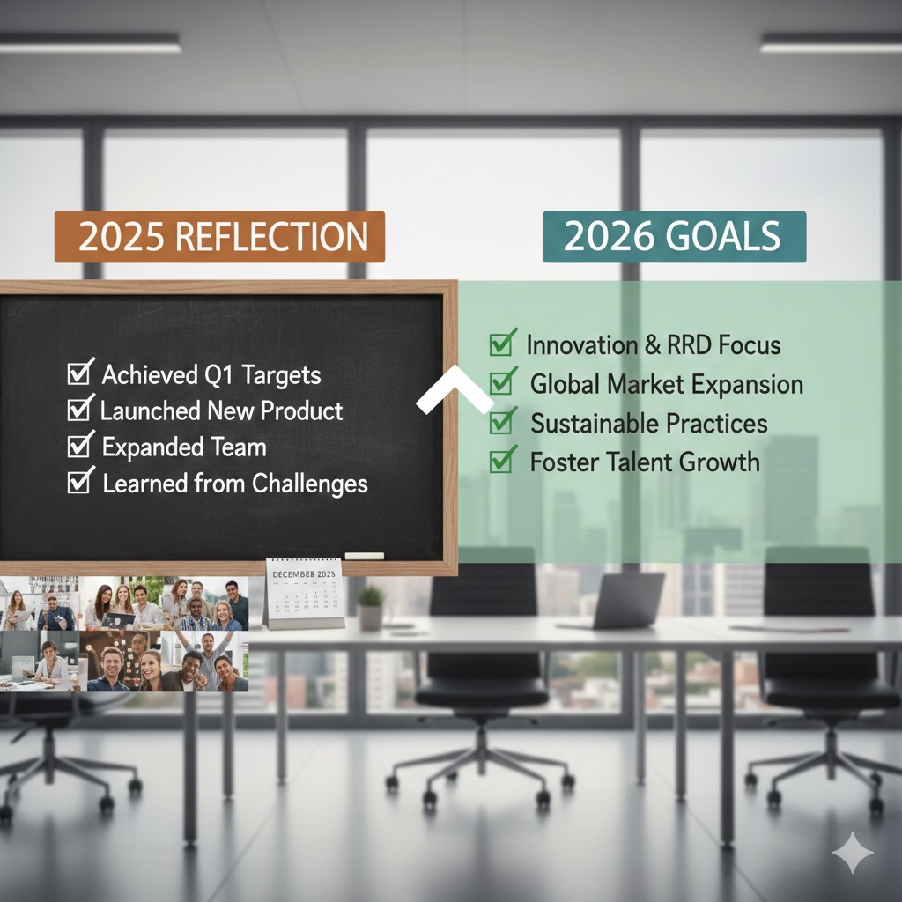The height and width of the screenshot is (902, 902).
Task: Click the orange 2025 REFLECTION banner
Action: click(219, 237)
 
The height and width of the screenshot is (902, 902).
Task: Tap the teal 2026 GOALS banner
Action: click(673, 237)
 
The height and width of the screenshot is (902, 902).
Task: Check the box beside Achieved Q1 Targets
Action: click(80, 373)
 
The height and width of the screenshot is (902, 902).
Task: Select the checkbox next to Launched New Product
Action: click(80, 410)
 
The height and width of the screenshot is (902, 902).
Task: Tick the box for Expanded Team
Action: click(80, 447)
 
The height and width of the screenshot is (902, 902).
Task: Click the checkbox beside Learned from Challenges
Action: click(81, 483)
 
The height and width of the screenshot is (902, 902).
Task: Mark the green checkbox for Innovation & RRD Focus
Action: click(503, 344)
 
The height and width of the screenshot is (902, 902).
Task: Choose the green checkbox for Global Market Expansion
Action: click(503, 383)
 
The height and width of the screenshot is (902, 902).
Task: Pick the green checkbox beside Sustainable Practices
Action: click(503, 422)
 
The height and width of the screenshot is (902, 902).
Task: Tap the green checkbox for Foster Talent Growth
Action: click(503, 461)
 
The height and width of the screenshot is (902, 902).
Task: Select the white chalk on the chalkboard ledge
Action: click(364, 556)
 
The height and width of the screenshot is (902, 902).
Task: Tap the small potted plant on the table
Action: click(371, 607)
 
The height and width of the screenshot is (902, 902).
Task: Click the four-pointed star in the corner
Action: click(852, 853)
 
